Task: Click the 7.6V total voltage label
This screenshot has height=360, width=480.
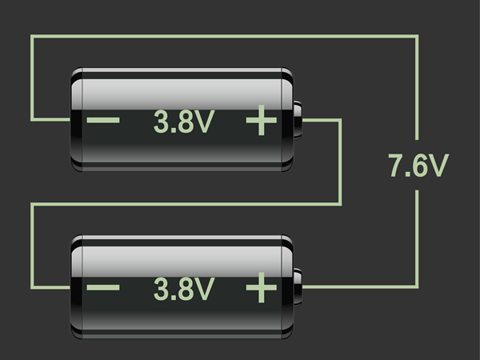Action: pyautogui.click(x=418, y=166)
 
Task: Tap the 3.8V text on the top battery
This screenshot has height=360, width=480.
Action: pyautogui.click(x=184, y=122)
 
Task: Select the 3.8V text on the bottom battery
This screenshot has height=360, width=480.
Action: pyautogui.click(x=184, y=288)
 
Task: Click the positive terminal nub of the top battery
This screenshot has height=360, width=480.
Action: pyautogui.click(x=298, y=120)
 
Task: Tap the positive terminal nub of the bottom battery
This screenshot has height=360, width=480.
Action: pyautogui.click(x=298, y=286)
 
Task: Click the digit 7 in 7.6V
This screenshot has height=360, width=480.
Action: pyautogui.click(x=395, y=166)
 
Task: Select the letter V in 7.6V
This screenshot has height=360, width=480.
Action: pyautogui.click(x=438, y=166)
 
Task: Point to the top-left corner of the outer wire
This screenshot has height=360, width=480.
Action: pyautogui.click(x=32, y=36)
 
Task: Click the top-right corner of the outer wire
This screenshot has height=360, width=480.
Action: pyautogui.click(x=418, y=36)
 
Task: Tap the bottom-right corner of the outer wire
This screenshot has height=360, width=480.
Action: pyautogui.click(x=418, y=286)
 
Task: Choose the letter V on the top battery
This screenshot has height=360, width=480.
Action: pyautogui.click(x=205, y=122)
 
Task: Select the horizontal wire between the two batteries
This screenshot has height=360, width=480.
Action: pyautogui.click(x=184, y=204)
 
